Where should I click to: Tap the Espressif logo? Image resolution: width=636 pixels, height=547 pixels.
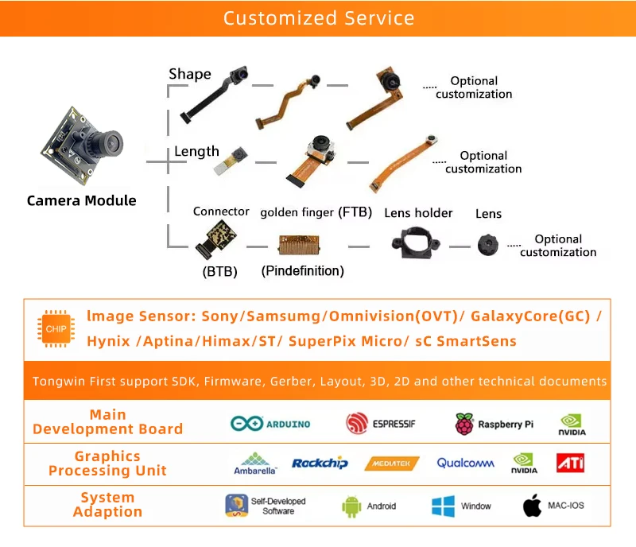coord(381,424)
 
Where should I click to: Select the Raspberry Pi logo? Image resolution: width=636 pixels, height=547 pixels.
coord(494,424)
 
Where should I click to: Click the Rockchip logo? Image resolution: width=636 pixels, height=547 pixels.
coord(320,463)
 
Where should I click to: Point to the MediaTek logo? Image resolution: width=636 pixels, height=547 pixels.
coord(391,464)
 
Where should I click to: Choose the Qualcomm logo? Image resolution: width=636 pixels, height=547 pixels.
coord(465,463)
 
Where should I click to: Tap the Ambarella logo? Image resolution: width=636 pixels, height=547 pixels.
coord(255,464)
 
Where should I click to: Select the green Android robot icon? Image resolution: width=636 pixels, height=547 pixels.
coord(351,506)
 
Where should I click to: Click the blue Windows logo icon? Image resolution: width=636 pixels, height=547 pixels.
coord(443,506)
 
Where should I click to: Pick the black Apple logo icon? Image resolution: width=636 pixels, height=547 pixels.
coord(532,506)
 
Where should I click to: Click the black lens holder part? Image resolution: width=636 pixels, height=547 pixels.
coord(414,242)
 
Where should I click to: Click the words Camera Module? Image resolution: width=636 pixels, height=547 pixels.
coord(81,200)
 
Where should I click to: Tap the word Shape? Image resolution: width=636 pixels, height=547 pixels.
coord(190,74)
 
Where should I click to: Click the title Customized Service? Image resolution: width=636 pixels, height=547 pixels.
coord(318,18)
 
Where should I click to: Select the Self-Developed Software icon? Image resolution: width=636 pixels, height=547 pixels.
coord(236,506)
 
